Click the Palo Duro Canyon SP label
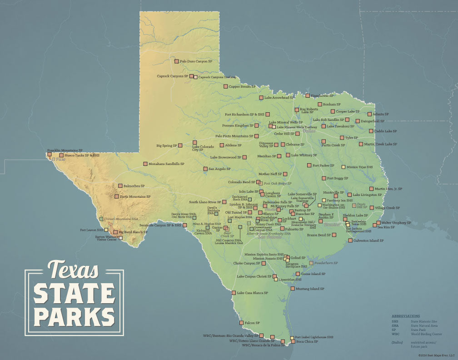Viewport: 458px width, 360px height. click(196, 61)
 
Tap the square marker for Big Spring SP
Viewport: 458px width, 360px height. click(180, 145)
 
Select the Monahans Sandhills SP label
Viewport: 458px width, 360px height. click(166, 164)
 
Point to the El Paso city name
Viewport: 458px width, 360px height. click(58, 160)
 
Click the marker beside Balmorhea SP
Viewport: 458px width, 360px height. click(120, 185)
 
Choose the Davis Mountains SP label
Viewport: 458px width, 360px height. click(135, 197)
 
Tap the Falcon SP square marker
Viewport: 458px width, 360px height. click(241, 323)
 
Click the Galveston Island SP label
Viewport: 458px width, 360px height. click(369, 240)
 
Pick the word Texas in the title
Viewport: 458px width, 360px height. click(73, 270)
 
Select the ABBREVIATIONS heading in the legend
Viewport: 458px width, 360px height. click(406, 316)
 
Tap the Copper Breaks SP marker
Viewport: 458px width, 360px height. click(225, 86)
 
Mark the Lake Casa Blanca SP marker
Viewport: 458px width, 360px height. click(234, 293)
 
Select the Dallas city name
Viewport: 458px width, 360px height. click(309, 131)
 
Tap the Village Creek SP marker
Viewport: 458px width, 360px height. click(371, 208)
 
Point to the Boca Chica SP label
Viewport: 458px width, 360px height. click(307, 341)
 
